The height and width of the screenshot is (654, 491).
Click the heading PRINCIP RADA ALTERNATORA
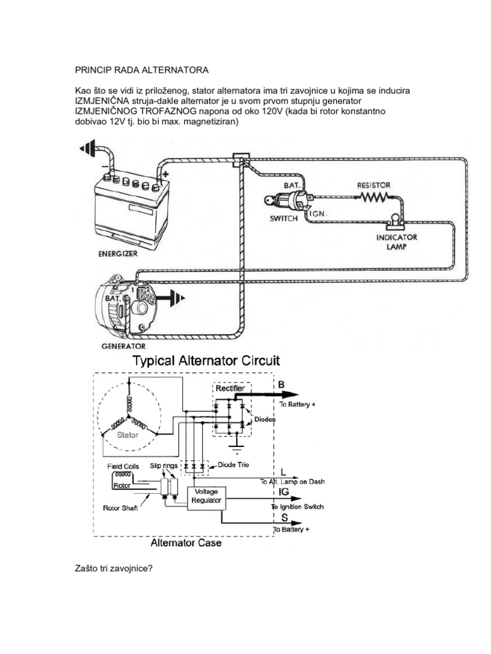(x=141, y=68)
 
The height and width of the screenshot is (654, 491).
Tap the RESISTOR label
(x=373, y=185)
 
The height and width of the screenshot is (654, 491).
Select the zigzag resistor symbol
(x=375, y=197)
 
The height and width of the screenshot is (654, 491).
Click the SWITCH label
(x=283, y=218)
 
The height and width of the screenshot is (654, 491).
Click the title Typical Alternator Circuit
(x=206, y=361)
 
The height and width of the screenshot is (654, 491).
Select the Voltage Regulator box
(x=205, y=496)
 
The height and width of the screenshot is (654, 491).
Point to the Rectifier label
(x=230, y=388)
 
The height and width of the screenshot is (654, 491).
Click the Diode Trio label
(x=234, y=465)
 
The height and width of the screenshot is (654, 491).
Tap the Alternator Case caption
(x=186, y=544)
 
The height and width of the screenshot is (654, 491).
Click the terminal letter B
(x=282, y=385)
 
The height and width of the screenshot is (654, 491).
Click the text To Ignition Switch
(x=297, y=506)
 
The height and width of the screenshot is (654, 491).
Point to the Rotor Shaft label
(x=120, y=509)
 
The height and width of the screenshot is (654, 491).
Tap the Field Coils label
(x=123, y=466)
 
